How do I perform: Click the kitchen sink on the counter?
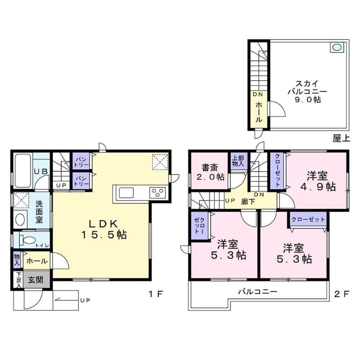point(126,193)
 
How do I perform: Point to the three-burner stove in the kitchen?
point(157,193)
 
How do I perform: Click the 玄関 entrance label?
point(36,280)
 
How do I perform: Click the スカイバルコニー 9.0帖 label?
point(308,91)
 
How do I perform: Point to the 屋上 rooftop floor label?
point(341,139)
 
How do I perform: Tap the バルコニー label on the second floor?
point(257,292)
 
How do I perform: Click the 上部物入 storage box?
point(238,161)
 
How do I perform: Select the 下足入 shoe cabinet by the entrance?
point(18,280)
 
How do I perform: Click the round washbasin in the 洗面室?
point(20,220)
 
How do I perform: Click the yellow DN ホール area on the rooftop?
point(259,108)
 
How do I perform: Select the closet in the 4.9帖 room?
point(275,171)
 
